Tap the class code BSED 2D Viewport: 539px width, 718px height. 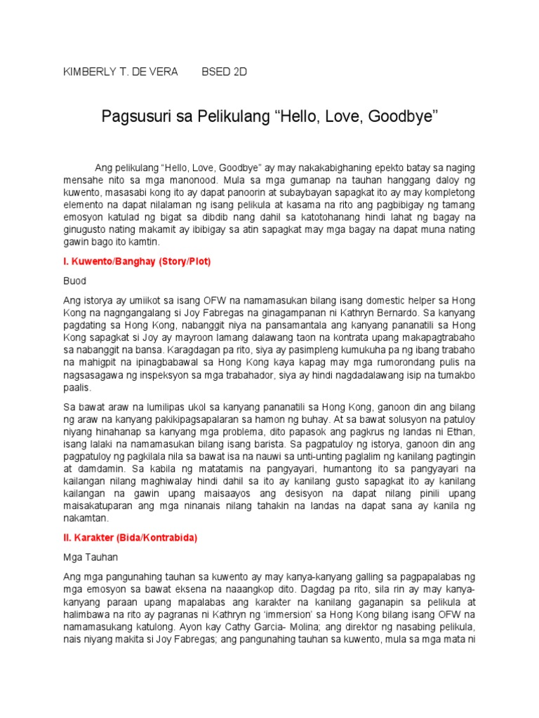point(225,72)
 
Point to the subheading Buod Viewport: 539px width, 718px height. point(74,279)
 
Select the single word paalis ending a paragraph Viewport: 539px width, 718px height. point(77,387)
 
